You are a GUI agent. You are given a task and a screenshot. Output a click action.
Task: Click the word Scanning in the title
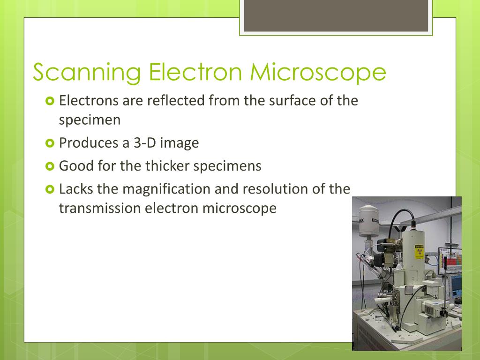[87, 73]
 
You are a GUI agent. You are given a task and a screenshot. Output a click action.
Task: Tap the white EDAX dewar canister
[370, 220]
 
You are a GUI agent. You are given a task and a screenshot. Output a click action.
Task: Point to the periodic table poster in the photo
[453, 263]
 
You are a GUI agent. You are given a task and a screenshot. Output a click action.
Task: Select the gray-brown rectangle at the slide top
[336, 16]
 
